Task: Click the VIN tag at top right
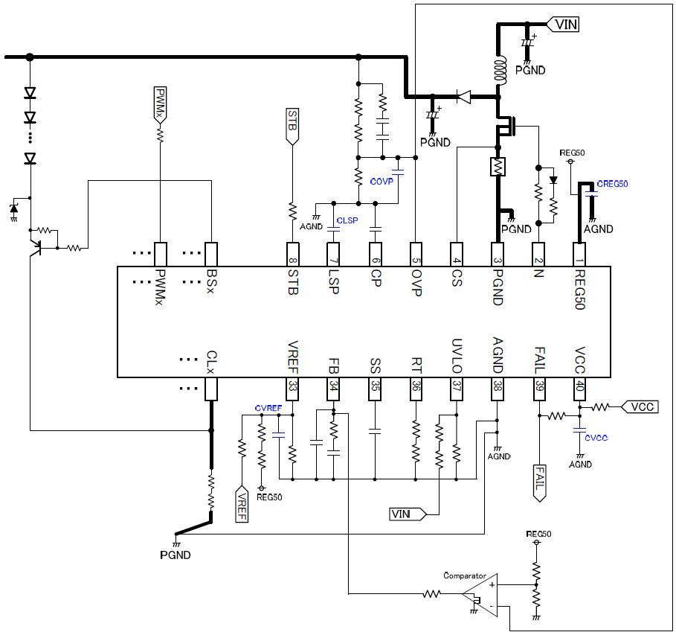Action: click(564, 25)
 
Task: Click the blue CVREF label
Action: click(268, 409)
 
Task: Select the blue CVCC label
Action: click(596, 438)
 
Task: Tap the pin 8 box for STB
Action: click(292, 253)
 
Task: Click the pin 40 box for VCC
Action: click(580, 388)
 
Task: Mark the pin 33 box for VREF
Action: click(292, 388)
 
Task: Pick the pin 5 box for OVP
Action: click(416, 253)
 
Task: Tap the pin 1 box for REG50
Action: click(580, 253)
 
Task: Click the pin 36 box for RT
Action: click(416, 388)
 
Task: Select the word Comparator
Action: click(464, 575)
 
